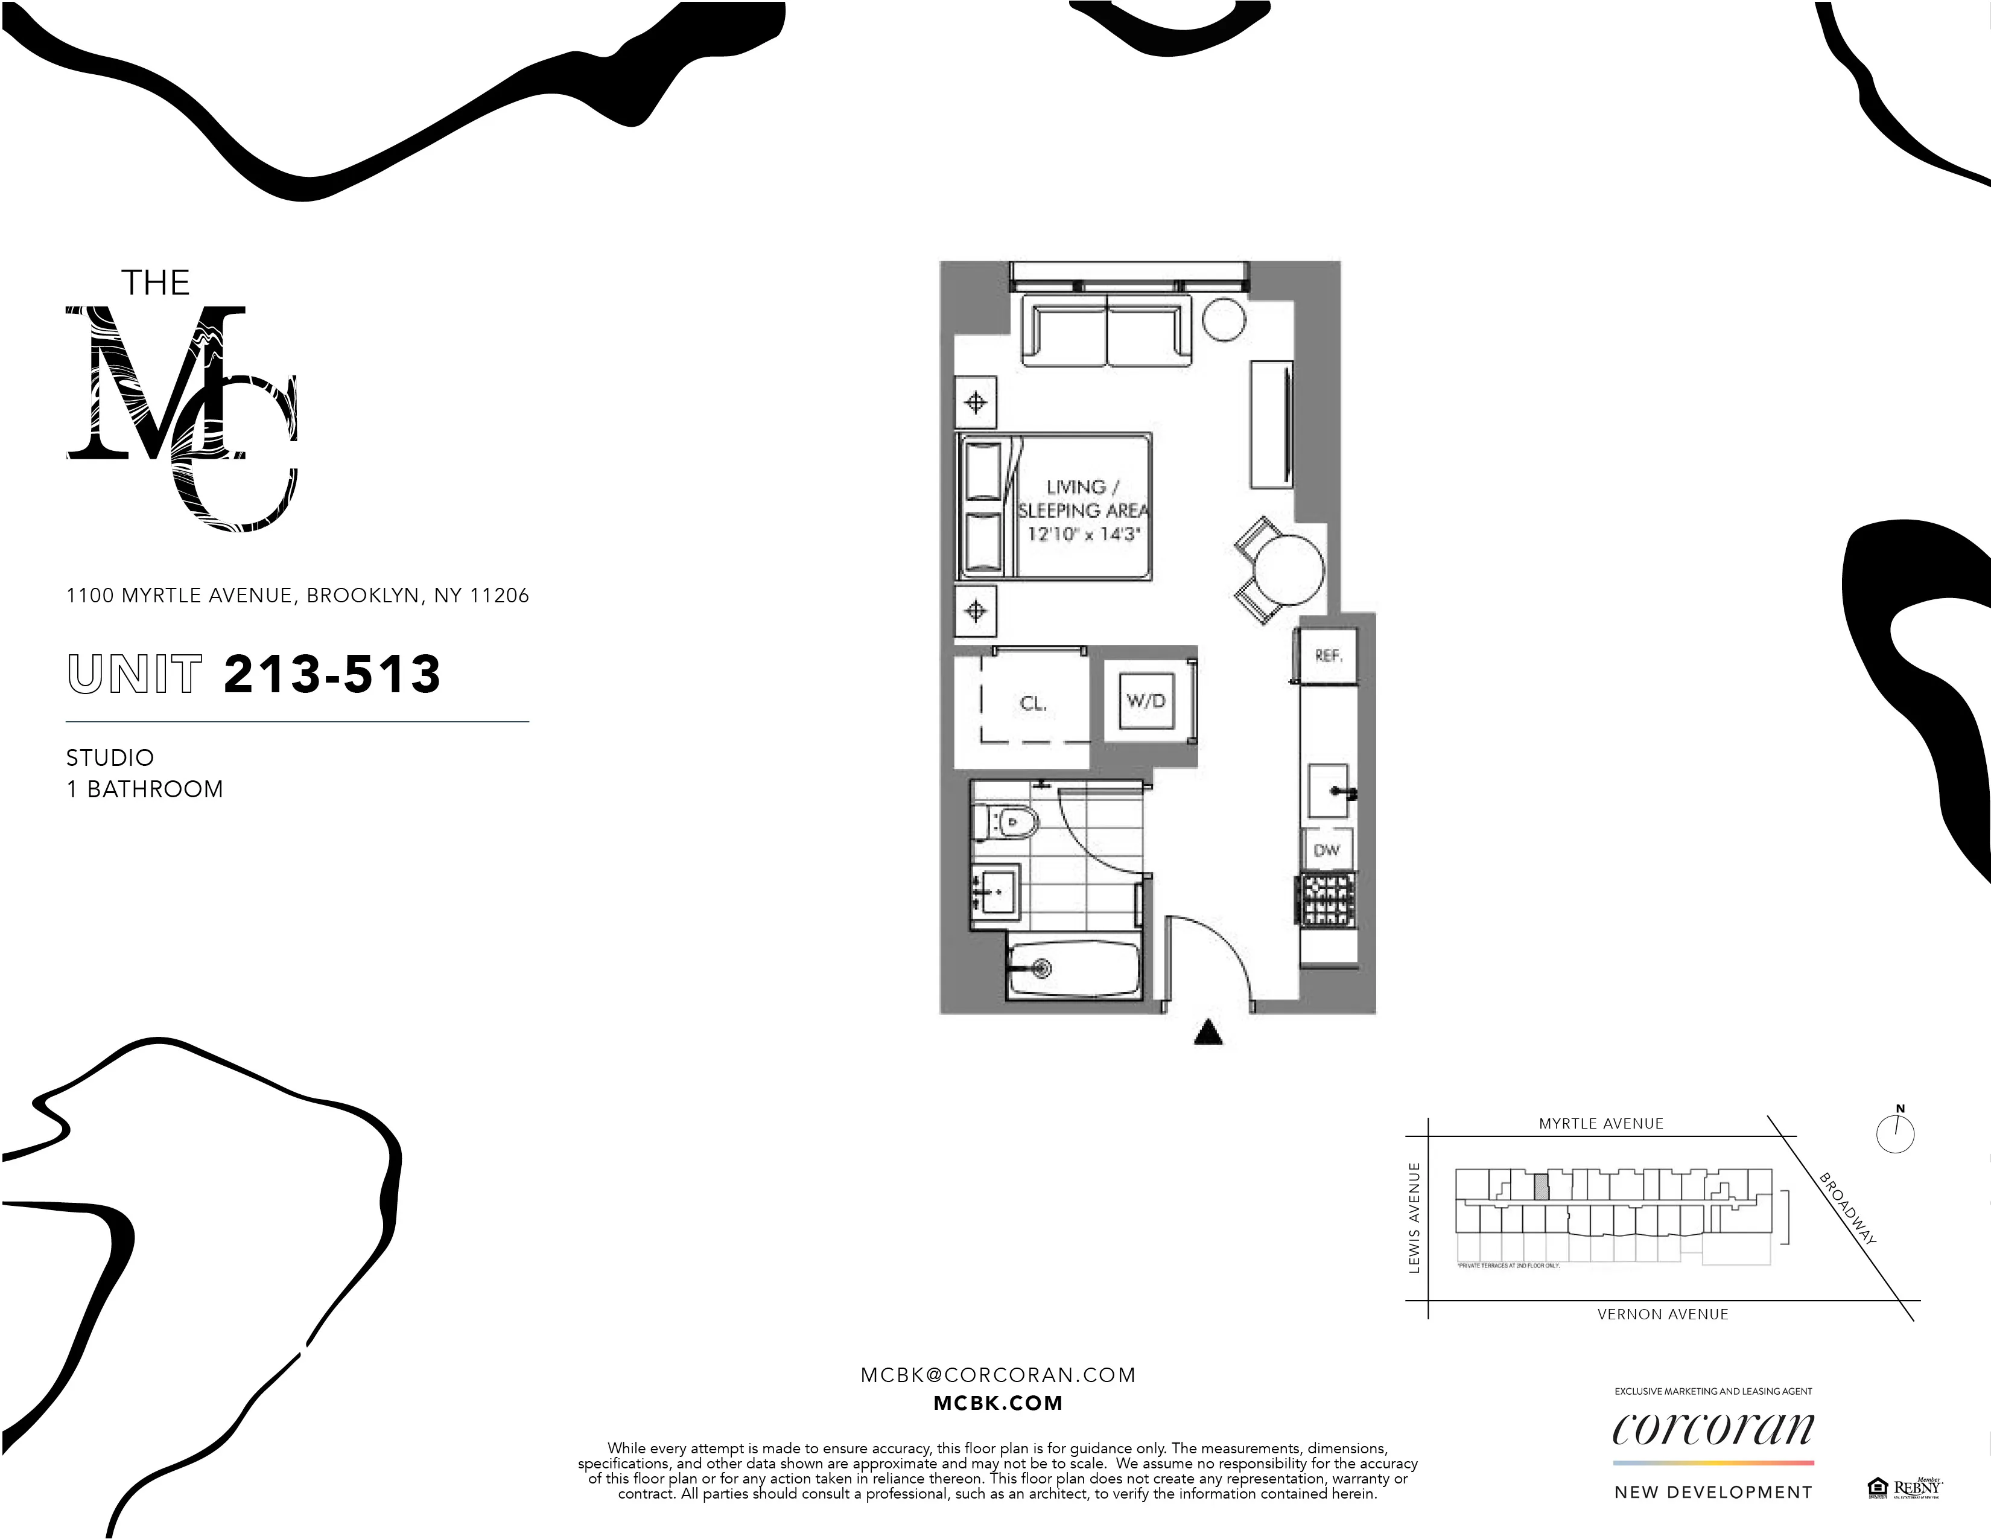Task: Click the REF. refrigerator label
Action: (x=1329, y=655)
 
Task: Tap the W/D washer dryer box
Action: (x=1146, y=700)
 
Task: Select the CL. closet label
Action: (x=1033, y=703)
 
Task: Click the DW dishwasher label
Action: (x=1326, y=850)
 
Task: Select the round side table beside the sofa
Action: (x=1224, y=318)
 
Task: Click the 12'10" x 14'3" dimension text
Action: (x=1083, y=534)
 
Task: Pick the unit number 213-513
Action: (x=332, y=675)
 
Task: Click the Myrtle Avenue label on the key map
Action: (x=1601, y=1123)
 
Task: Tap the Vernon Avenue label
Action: (x=1663, y=1314)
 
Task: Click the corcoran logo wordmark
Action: (x=1713, y=1430)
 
